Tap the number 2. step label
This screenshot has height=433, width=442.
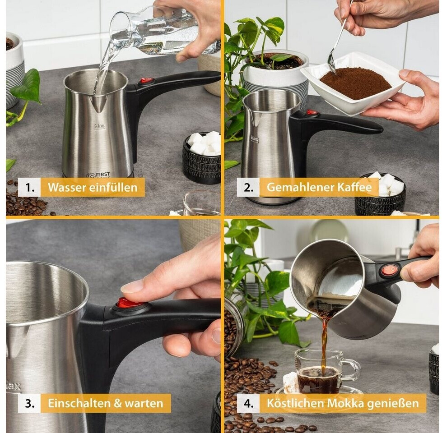pyautogui.click(x=248, y=187)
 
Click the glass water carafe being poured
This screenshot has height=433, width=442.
pyautogui.click(x=163, y=31)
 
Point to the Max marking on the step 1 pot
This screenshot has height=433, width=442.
pyautogui.click(x=99, y=126)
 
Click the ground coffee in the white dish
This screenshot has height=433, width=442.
pyautogui.click(x=355, y=83)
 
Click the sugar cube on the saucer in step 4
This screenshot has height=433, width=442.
pyautogui.click(x=291, y=382)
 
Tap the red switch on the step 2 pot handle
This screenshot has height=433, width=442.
pyautogui.click(x=312, y=113)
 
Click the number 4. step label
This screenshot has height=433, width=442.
pyautogui.click(x=248, y=403)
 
